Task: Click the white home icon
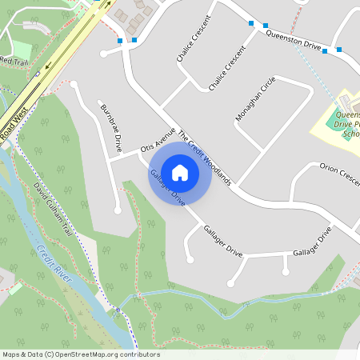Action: click(x=180, y=172)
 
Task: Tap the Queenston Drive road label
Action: click(x=293, y=40)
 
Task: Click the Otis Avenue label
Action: click(x=157, y=142)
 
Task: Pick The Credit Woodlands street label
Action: click(x=204, y=158)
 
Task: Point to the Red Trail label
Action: click(x=14, y=61)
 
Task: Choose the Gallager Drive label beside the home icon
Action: click(x=167, y=188)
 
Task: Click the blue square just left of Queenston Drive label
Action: click(x=253, y=24)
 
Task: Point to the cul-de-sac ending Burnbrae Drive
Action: click(x=118, y=210)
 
